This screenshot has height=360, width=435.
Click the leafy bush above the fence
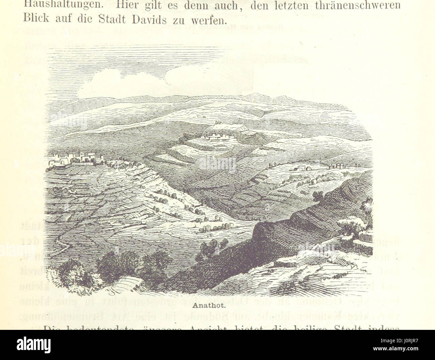tap(355, 224)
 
